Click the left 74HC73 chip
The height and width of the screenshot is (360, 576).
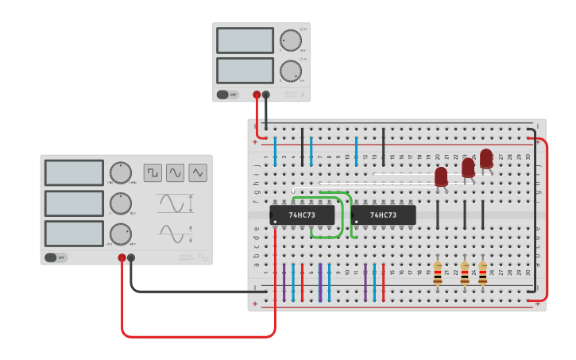tap(302, 215)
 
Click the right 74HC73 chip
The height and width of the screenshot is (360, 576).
tap(383, 215)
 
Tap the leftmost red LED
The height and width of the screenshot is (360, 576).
tap(441, 176)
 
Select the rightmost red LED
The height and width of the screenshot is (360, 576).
tap(486, 158)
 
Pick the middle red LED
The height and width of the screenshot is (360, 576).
tap(468, 168)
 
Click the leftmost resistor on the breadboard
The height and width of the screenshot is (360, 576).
tap(438, 273)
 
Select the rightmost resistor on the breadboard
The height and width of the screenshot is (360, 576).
tap(482, 273)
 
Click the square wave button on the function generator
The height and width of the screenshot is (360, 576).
tap(153, 172)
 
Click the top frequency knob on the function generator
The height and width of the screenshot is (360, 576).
tap(120, 172)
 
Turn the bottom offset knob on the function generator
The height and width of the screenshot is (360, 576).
tap(120, 234)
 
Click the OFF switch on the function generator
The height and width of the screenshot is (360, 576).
tap(56, 257)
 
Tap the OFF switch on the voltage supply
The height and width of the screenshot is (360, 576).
tap(227, 95)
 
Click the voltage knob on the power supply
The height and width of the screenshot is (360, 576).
tap(290, 41)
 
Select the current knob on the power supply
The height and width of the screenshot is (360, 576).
tap(290, 71)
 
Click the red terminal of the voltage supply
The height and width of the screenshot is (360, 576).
tap(257, 95)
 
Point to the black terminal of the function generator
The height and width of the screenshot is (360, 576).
tap(131, 257)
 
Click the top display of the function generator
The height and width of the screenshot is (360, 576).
tap(74, 172)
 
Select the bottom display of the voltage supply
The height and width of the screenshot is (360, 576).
tap(245, 70)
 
